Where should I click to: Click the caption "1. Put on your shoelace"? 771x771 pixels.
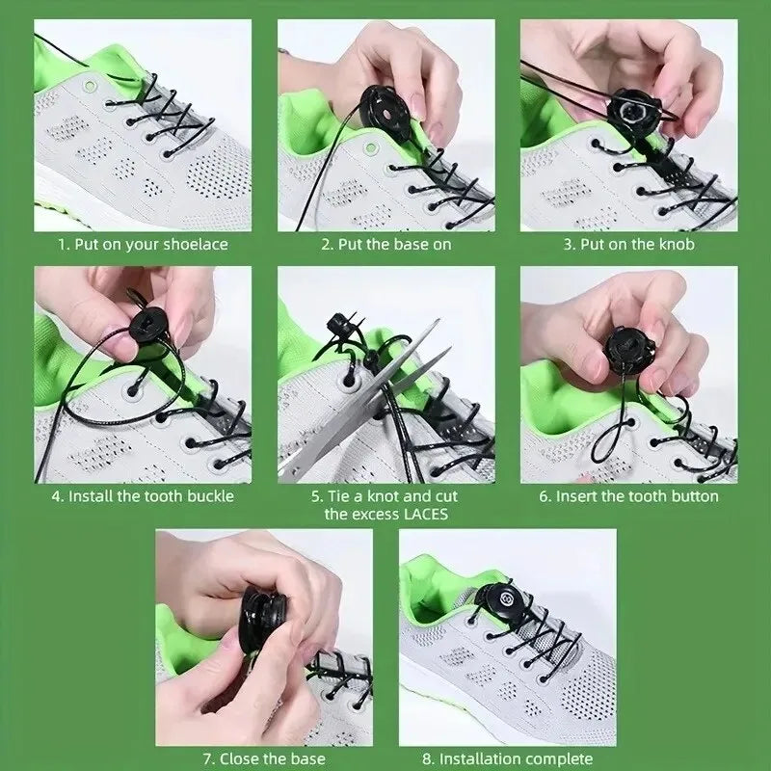tap(144, 245)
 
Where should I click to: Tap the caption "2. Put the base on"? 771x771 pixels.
tap(385, 245)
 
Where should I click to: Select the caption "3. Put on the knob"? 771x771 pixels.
tap(629, 245)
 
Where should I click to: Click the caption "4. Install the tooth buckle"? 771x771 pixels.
tap(144, 496)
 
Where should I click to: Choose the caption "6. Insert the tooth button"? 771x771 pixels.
tap(629, 496)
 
